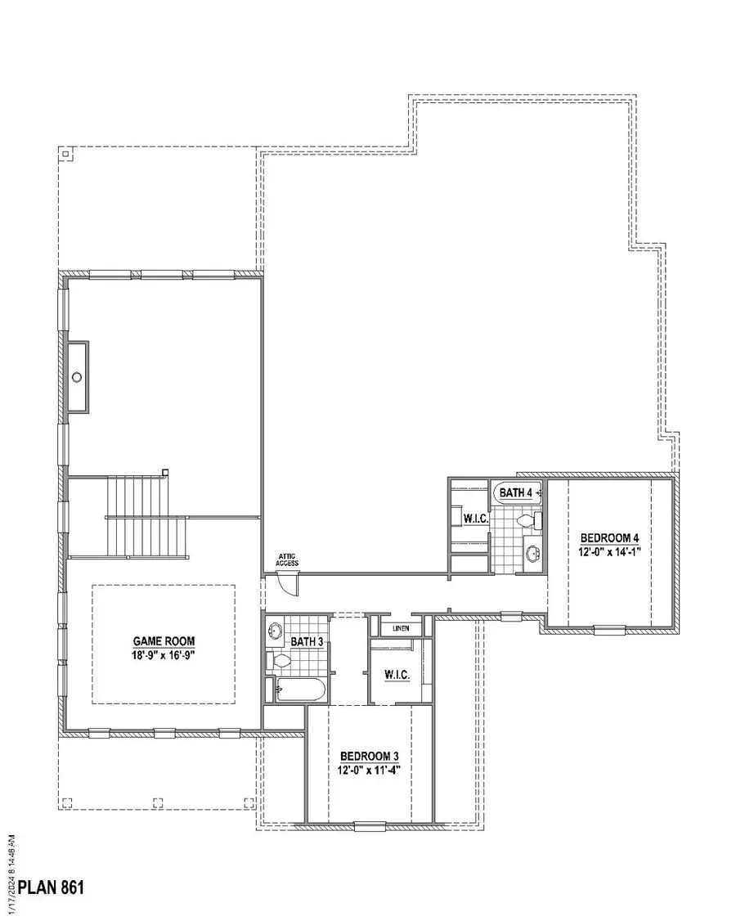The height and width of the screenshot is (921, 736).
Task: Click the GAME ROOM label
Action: pos(164,641)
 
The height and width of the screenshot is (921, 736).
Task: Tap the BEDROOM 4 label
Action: pos(608,537)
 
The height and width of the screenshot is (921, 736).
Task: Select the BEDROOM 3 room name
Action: pos(370,755)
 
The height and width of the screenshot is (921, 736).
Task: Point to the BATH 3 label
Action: pos(307,642)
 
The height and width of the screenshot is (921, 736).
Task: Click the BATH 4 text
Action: pos(516,492)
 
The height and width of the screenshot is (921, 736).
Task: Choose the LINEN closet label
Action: pos(400,628)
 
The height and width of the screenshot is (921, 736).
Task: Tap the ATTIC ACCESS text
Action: pos(287,560)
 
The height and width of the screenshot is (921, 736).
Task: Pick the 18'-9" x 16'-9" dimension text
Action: pos(164,655)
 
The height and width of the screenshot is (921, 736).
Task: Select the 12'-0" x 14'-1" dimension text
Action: pos(608,551)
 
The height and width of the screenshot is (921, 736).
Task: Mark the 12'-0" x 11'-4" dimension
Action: pos(370,769)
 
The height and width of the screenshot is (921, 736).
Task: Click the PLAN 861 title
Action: pos(52,887)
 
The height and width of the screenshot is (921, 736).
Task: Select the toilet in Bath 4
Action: pos(527,519)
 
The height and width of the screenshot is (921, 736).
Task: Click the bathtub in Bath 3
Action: pos(299,690)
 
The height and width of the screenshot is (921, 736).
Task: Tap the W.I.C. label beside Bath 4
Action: pos(475,519)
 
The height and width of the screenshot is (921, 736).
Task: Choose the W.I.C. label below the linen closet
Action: pos(397,675)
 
